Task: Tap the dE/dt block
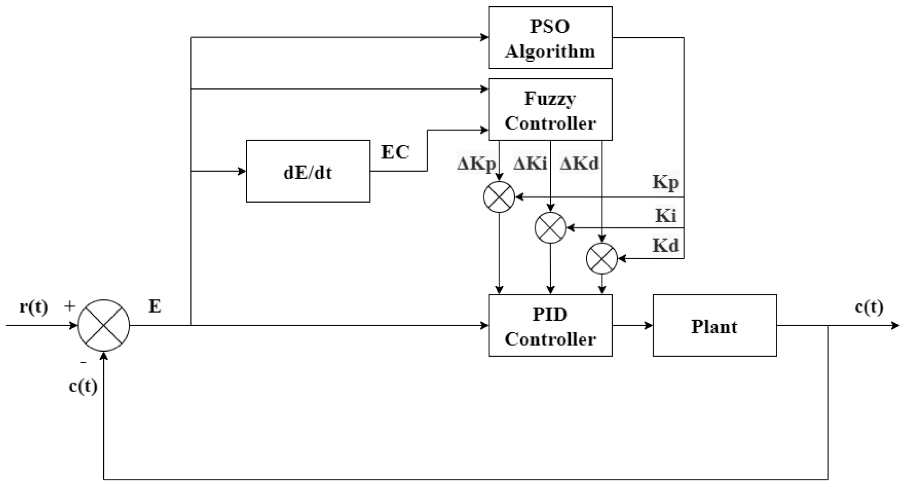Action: pos(308,171)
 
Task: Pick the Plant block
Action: pos(714,325)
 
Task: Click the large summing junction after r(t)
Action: pos(103,325)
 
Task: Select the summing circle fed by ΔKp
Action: pos(499,197)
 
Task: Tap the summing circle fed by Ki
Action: pos(550,228)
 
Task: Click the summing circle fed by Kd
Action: pos(602,259)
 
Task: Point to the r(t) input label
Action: pos(34,307)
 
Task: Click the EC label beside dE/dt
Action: pos(395,152)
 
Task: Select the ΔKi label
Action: pos(530,164)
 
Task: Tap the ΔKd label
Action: pos(579,164)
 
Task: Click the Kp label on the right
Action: pos(665,182)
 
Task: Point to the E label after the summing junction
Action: pos(155,307)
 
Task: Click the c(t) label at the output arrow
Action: pos(869,307)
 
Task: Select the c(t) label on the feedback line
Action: pos(83,386)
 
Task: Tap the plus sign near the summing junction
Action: pos(69,306)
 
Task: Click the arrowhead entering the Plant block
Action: pos(649,325)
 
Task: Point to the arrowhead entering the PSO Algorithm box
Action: pos(485,37)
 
